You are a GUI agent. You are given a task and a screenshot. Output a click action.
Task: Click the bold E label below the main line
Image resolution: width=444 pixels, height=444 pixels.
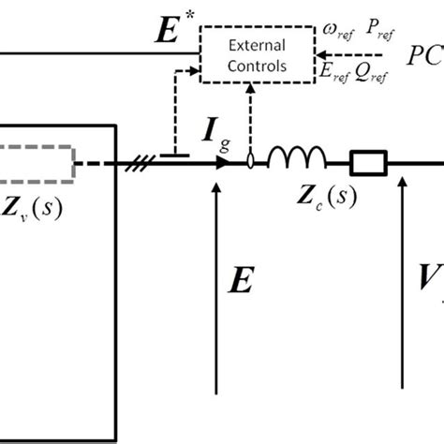coord(241,280)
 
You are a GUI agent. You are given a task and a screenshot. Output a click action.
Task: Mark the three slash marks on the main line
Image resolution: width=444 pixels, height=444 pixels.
coord(135,166)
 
